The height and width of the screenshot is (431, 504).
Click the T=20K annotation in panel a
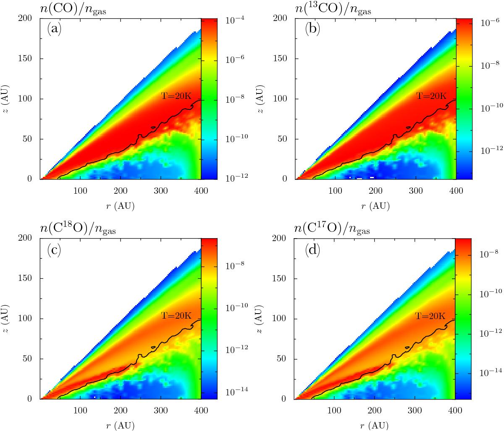pyautogui.click(x=176, y=96)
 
